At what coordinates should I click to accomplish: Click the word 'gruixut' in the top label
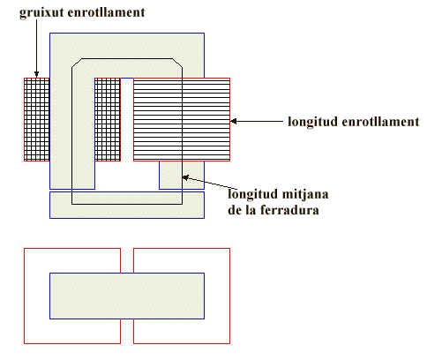[x=41, y=13]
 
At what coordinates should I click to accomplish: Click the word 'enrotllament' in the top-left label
[x=107, y=12]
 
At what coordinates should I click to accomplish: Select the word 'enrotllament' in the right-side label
[x=380, y=122]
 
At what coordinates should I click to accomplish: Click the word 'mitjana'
[x=305, y=194]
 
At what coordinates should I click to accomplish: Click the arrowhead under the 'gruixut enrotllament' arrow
[x=36, y=74]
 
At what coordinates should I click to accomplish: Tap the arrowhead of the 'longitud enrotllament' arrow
[x=234, y=121]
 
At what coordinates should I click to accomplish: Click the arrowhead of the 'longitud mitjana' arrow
[x=185, y=177]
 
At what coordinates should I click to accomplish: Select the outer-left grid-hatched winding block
[x=37, y=119]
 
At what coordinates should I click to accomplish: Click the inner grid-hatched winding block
[x=108, y=119]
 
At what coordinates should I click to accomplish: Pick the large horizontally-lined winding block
[x=182, y=119]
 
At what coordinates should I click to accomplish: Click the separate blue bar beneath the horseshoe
[x=127, y=205]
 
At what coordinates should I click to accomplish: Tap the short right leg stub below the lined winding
[x=182, y=175]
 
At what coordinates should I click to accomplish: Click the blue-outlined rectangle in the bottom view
[x=127, y=296]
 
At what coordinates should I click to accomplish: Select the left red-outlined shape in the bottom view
[x=37, y=296]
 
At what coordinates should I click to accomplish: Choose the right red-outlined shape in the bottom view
[x=218, y=296]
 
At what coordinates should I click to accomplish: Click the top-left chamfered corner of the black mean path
[x=77, y=64]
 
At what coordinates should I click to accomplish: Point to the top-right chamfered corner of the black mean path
[x=177, y=64]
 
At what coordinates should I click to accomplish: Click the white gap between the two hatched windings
[x=127, y=119]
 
